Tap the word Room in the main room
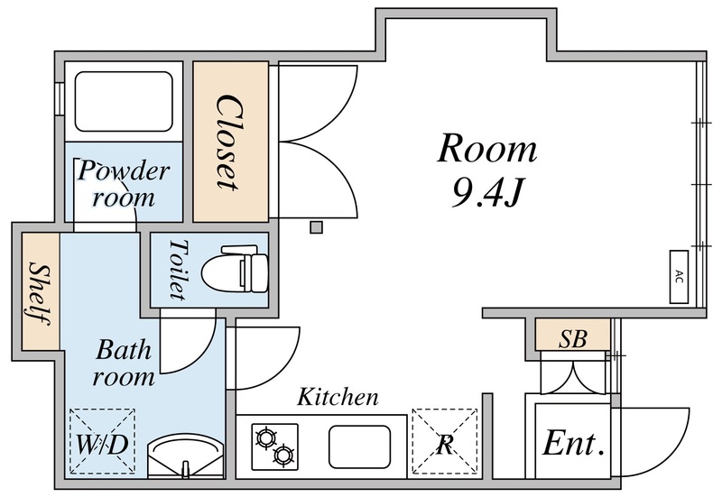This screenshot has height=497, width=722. coord(486,149)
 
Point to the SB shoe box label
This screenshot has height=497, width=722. coord(572,339)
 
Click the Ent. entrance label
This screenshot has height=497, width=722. coord(573,444)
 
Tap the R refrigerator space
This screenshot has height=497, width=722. coord(444,442)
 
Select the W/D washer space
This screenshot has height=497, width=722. coord(102,442)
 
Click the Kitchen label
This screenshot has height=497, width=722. coord(338,396)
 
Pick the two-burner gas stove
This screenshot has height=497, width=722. coord(274,445)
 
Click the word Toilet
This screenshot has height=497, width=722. coord(177,270)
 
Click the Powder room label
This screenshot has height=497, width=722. coord(123,183)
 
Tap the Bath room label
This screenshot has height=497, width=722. coord(124,362)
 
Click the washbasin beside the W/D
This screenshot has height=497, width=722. coord(184,456)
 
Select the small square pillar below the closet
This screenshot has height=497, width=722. coord(316,227)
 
